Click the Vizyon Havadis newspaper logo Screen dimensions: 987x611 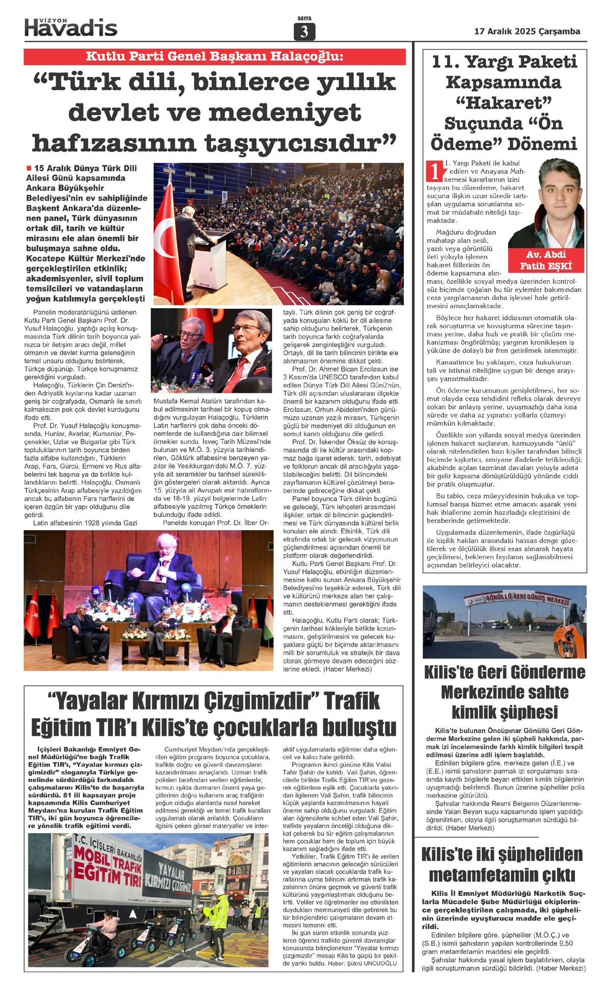click(71, 27)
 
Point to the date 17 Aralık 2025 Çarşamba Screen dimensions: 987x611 click(527, 31)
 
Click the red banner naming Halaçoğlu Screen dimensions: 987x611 click(214, 57)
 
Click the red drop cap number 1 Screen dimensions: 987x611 click(434, 171)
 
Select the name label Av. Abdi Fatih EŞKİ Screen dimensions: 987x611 click(546, 260)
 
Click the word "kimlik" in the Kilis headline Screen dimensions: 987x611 click(476, 712)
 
